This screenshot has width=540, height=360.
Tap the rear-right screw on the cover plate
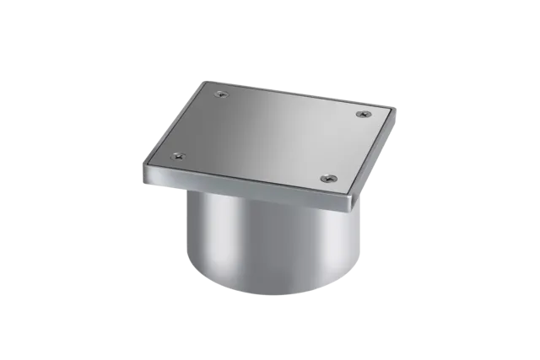363,114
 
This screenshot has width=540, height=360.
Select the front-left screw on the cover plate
177,156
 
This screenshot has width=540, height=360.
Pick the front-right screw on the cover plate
330,178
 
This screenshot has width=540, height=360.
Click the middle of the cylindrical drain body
270,249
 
